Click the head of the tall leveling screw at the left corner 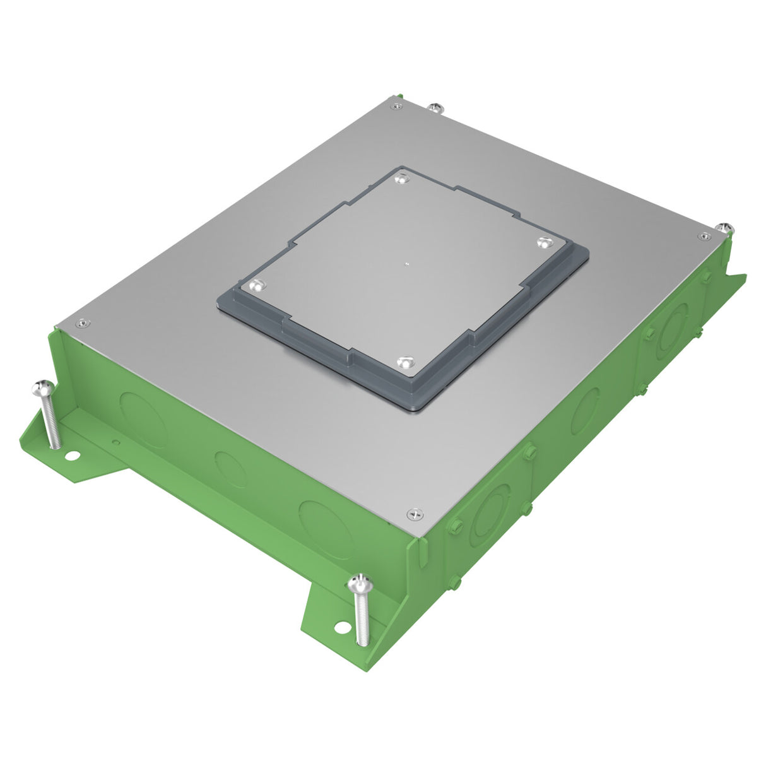(x=42, y=386)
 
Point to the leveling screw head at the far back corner (x=435, y=107)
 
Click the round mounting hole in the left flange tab (x=74, y=454)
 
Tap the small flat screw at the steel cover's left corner (x=81, y=324)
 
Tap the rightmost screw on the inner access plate (x=544, y=242)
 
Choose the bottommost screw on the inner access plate (x=403, y=363)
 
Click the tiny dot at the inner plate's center (x=408, y=264)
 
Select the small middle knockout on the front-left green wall (x=230, y=468)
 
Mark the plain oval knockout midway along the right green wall (x=587, y=410)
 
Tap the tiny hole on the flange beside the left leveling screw (x=115, y=442)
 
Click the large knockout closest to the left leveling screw (x=144, y=420)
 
